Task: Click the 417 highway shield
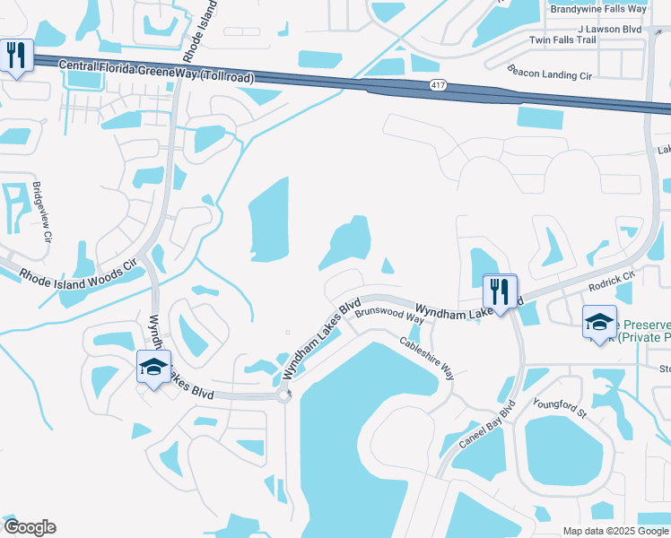coord(437,85)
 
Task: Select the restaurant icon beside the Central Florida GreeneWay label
coord(17,56)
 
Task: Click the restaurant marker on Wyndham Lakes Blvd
coord(500,291)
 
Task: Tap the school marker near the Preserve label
coord(599,323)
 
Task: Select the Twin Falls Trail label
coord(562,40)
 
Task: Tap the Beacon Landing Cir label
coord(551,72)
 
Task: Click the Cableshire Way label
coord(427,357)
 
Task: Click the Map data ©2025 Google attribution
coord(615,531)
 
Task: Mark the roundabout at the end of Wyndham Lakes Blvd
coord(285,395)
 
